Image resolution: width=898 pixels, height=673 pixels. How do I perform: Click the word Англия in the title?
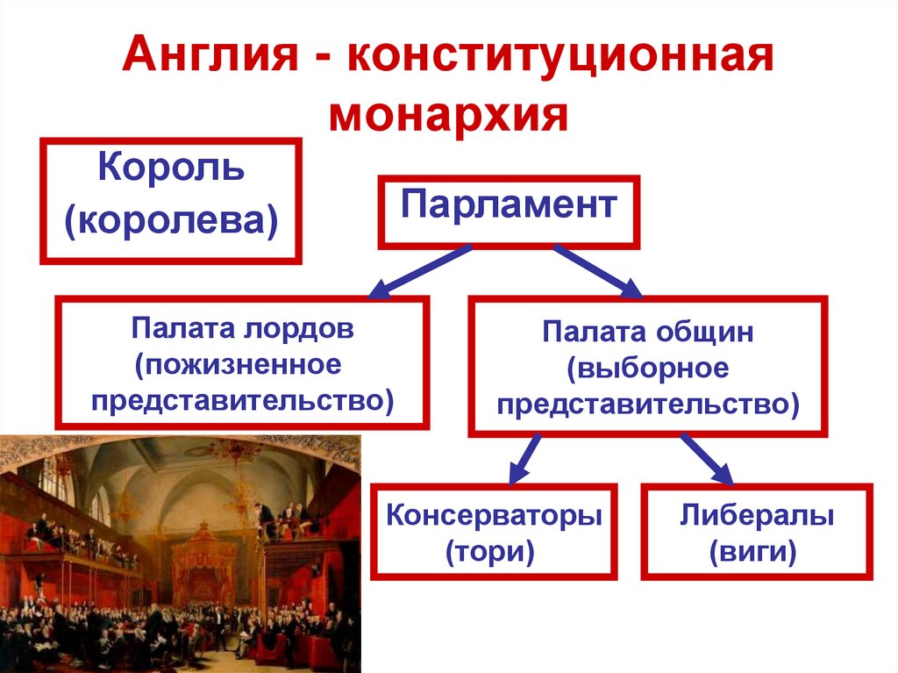[210, 59]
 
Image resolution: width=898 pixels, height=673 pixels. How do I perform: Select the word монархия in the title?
[448, 115]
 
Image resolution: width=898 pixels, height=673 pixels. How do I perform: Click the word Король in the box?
[171, 167]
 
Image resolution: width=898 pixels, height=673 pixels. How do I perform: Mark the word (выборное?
[647, 369]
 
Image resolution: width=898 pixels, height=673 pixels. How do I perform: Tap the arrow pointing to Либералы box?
[707, 456]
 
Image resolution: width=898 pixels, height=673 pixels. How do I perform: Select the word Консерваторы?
[494, 515]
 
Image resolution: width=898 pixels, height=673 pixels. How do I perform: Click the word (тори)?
[494, 554]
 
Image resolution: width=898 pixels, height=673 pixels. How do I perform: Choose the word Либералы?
[756, 515]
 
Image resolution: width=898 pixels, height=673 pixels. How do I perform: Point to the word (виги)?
[756, 554]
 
